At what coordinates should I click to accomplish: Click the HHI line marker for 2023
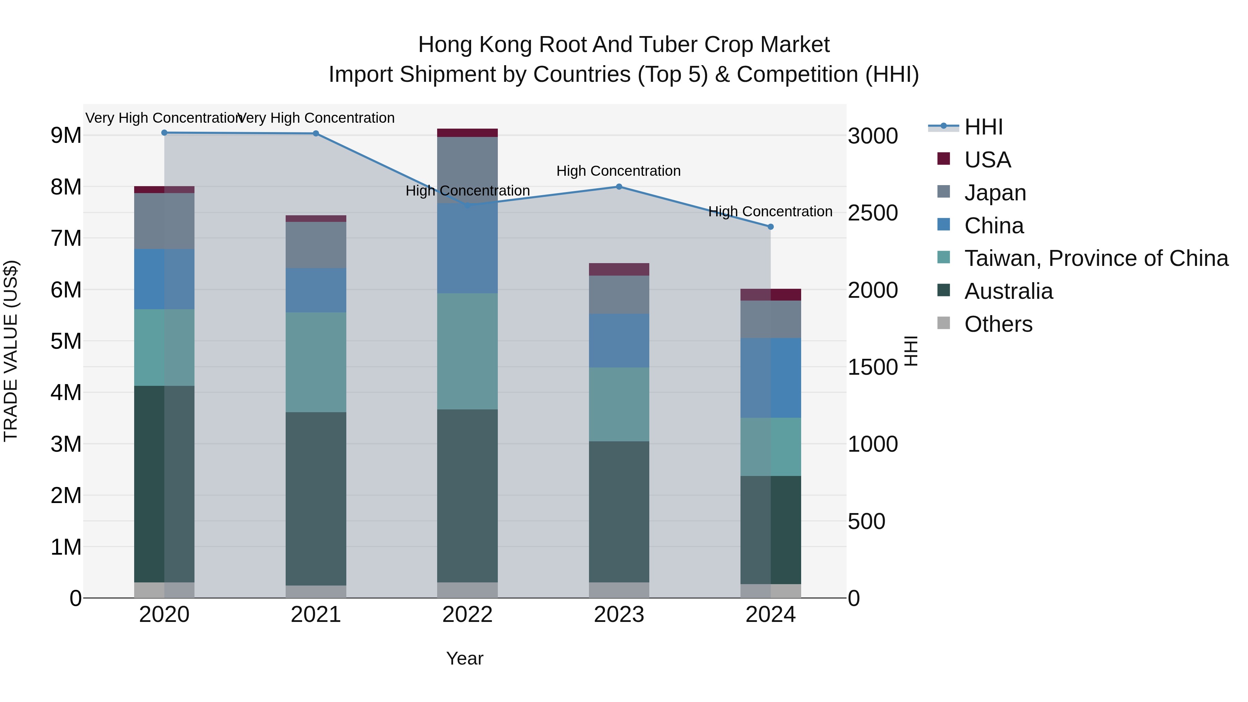coord(619,187)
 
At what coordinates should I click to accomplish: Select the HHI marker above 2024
coord(770,227)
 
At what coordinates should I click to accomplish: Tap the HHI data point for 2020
coord(164,133)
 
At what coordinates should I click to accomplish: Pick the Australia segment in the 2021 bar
coord(316,499)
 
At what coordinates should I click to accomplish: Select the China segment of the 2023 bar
coord(619,340)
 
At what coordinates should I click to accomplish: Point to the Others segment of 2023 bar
coord(619,590)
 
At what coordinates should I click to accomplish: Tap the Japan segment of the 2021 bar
coord(316,245)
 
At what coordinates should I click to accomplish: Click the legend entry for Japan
coord(995,193)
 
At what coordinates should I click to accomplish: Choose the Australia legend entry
coord(1008,291)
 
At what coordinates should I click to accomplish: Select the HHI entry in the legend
coord(983,127)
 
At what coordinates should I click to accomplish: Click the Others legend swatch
coord(943,323)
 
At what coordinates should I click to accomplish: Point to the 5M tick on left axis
coord(66,341)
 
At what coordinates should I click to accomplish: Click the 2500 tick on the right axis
coord(873,213)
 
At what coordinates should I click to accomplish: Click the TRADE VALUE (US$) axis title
coord(11,351)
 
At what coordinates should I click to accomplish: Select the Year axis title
coord(464,658)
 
